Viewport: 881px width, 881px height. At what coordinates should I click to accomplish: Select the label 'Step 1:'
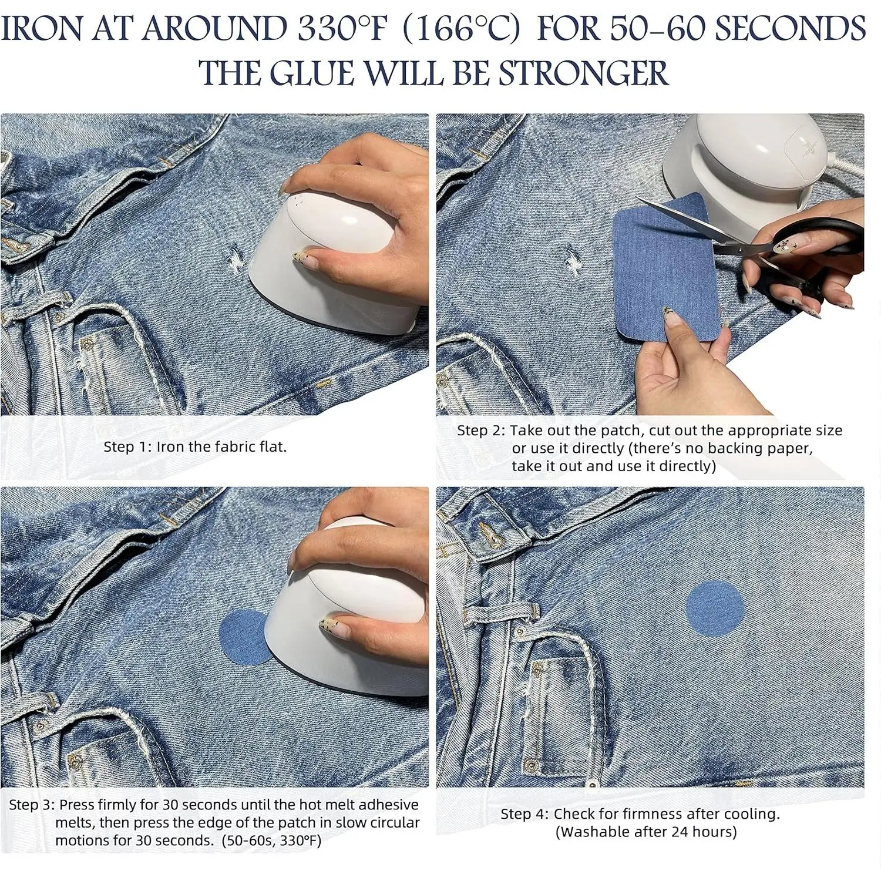[127, 447]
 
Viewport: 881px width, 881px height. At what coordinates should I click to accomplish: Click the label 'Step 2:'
[481, 431]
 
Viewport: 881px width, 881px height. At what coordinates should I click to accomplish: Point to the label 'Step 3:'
[32, 805]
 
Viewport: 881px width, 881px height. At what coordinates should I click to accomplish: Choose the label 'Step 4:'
[524, 814]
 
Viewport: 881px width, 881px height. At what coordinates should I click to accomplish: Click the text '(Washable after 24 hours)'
[646, 832]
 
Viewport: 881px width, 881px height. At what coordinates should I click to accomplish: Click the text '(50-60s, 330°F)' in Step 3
[271, 840]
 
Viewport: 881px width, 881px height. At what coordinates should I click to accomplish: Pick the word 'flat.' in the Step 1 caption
[273, 447]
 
